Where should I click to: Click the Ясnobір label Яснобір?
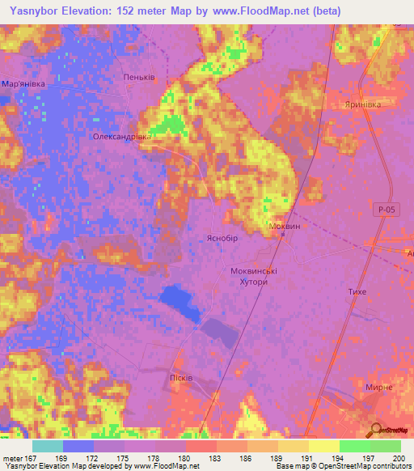(x=220, y=239)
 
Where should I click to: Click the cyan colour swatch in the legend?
(x=48, y=446)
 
